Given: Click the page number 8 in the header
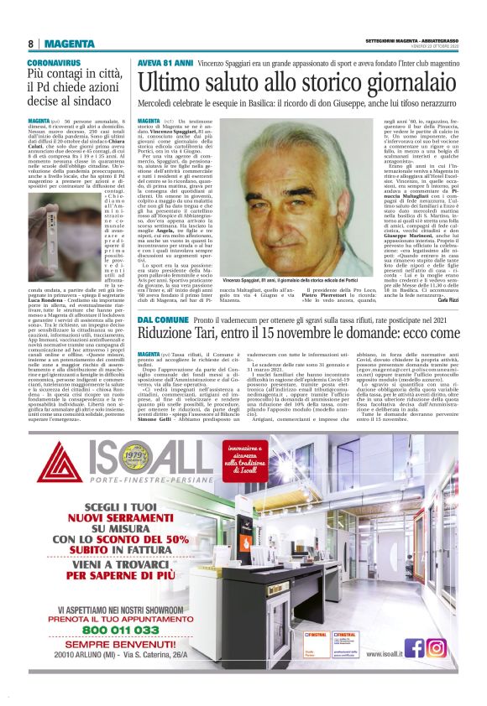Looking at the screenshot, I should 30,44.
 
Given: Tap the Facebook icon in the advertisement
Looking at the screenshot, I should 414,647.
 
